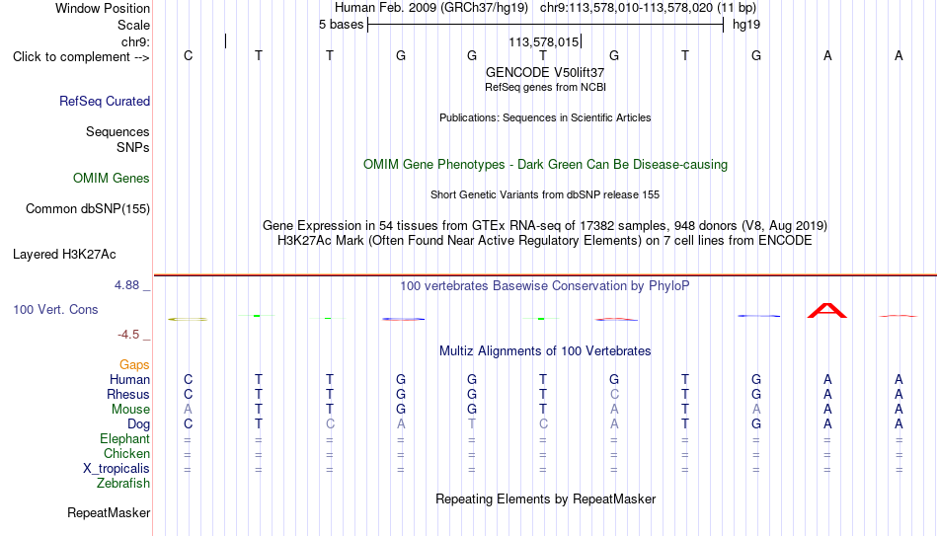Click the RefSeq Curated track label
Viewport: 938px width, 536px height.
tap(105, 101)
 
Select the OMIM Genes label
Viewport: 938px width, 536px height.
tap(112, 179)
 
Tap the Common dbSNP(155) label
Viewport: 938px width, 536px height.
tap(88, 209)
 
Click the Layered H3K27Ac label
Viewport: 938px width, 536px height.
tap(64, 255)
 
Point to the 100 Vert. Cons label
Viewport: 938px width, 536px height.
tap(55, 309)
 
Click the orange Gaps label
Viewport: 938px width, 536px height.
tap(134, 365)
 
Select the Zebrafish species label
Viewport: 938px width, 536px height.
tap(123, 484)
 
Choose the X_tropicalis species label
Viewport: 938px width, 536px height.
tap(117, 469)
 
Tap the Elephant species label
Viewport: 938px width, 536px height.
tap(125, 439)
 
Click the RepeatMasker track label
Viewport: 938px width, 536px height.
tap(109, 512)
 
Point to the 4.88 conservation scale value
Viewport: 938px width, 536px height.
tap(126, 285)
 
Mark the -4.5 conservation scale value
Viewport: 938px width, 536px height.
tap(128, 335)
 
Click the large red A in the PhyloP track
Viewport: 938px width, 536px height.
tap(827, 311)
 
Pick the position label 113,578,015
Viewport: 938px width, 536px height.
tap(544, 41)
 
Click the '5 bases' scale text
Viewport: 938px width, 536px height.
tap(341, 25)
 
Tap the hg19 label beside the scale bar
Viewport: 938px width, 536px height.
tap(746, 25)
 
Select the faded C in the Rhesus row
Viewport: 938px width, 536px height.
tap(614, 394)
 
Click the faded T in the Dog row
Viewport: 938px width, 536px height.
tap(472, 424)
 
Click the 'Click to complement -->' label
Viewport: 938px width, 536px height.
tap(81, 57)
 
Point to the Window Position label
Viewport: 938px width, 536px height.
tap(103, 8)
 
